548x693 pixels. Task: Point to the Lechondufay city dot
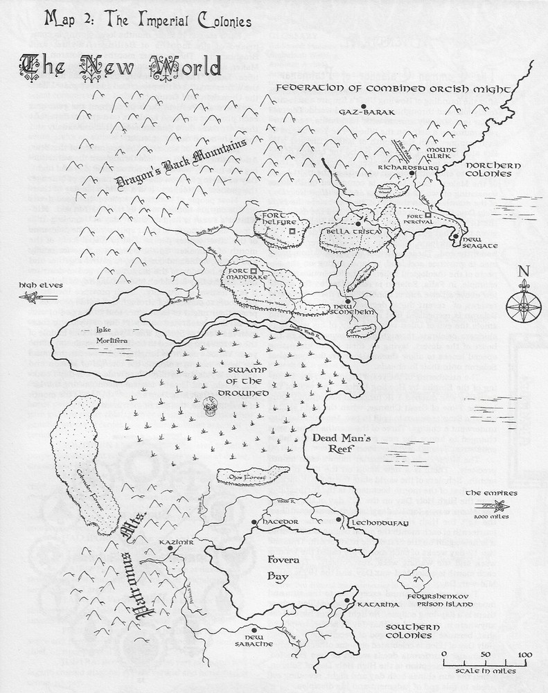[338, 519]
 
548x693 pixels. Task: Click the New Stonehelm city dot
[350, 301]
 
